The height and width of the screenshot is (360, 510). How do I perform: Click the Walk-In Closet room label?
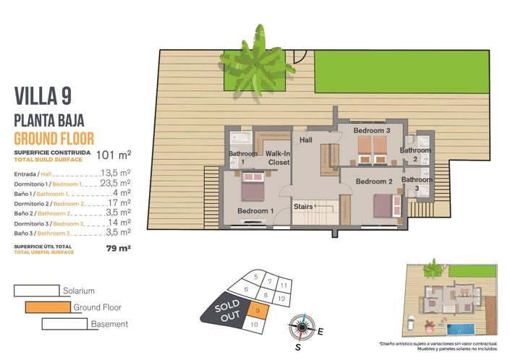tap(278, 158)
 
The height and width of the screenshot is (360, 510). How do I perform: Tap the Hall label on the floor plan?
tap(306, 140)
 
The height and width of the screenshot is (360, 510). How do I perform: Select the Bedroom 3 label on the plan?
tap(372, 131)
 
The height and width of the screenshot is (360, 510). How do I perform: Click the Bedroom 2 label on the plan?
tap(374, 181)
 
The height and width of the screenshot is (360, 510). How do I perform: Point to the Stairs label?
tap(303, 206)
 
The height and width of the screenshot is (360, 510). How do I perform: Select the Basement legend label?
tap(109, 325)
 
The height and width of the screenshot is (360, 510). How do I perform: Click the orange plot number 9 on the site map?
tap(259, 310)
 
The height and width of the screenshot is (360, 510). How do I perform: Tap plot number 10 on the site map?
tap(253, 325)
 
